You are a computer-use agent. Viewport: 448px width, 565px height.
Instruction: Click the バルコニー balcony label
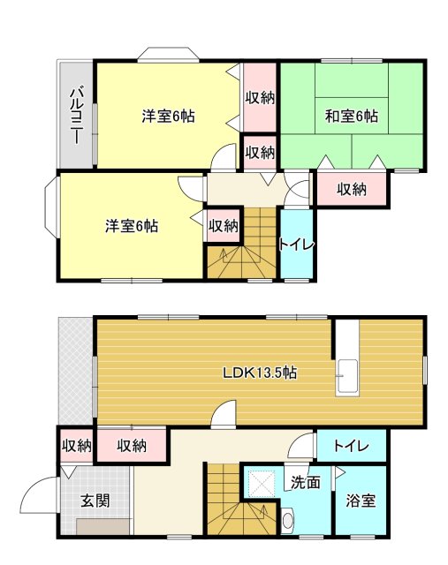click(76, 115)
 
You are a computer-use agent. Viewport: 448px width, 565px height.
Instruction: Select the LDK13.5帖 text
click(259, 373)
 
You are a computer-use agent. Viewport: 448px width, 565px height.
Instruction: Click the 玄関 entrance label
click(95, 501)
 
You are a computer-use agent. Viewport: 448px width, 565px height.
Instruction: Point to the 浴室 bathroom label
click(361, 501)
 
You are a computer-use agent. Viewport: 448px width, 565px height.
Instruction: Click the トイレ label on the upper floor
click(295, 244)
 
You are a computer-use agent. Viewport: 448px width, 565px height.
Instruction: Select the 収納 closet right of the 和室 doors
click(351, 187)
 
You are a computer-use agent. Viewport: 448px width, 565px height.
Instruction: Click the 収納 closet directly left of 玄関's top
click(76, 446)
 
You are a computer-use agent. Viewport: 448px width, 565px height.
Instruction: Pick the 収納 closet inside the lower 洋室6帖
click(223, 225)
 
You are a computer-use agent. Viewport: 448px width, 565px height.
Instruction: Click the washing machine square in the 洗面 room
click(262, 484)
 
